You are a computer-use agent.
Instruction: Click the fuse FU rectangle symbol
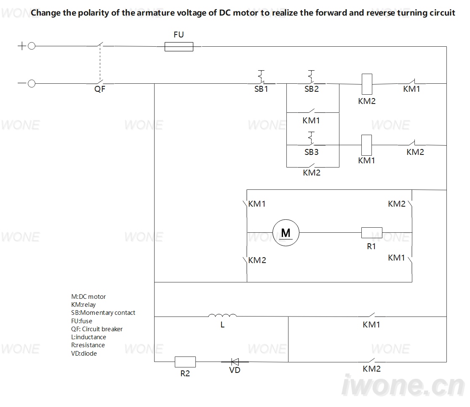[179, 47]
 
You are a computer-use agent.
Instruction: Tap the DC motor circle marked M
[286, 233]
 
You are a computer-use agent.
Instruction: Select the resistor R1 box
[372, 233]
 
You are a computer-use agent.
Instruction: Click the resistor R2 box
[185, 362]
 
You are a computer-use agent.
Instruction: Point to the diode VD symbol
[235, 362]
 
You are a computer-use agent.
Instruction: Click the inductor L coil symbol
[222, 315]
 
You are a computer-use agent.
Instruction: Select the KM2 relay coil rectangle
[367, 84]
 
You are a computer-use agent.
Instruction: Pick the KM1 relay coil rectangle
[366, 145]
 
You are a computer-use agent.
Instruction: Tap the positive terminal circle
[32, 46]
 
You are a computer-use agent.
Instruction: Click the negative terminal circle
[32, 84]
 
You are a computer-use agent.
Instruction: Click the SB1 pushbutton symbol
[262, 77]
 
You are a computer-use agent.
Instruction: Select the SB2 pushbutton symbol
[312, 77]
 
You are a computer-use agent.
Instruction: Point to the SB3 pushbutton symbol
[312, 138]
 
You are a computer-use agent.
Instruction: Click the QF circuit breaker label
[100, 89]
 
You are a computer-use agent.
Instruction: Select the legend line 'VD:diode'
[84, 354]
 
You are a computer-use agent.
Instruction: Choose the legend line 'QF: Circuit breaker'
[97, 329]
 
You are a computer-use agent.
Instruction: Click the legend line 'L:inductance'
[88, 337]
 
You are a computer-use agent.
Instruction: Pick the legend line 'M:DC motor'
[88, 296]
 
